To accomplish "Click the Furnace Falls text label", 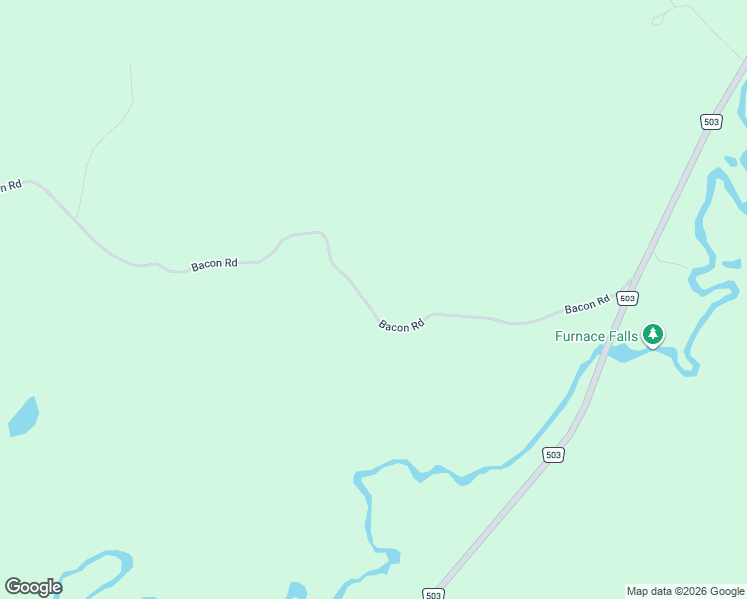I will [x=596, y=337].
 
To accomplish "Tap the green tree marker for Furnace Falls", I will [x=653, y=335].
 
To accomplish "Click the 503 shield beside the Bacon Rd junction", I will [x=627, y=299].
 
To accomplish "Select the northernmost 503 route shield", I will [x=711, y=122].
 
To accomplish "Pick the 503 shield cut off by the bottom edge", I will [x=433, y=594].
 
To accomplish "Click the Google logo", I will [x=33, y=587].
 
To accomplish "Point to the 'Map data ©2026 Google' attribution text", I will [x=686, y=591].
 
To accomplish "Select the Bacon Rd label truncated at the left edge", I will [x=10, y=185].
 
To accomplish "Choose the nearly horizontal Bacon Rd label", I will [x=214, y=265].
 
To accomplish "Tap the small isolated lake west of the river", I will [x=24, y=417].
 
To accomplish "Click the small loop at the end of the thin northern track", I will [x=657, y=20].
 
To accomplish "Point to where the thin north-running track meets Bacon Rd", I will [x=76, y=217].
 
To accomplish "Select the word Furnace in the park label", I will [x=580, y=337].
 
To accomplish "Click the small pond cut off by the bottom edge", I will [x=296, y=591].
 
